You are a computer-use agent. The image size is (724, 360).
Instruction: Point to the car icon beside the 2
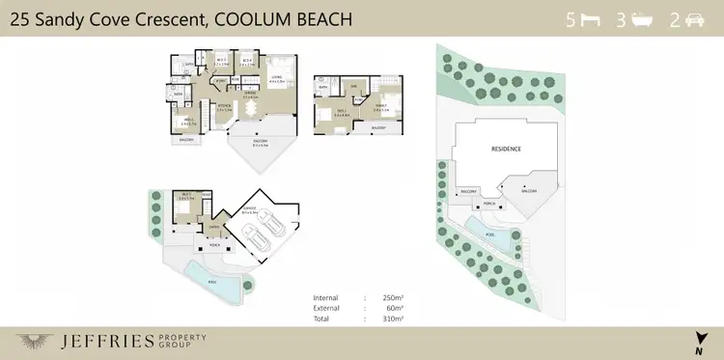[x=693, y=19]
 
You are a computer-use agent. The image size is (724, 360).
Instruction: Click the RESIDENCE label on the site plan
[x=506, y=150]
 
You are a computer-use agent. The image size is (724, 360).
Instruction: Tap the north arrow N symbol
[x=699, y=339]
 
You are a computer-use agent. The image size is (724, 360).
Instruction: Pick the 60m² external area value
[x=395, y=307]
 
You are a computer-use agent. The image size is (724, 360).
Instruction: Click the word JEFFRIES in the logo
[x=97, y=340]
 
